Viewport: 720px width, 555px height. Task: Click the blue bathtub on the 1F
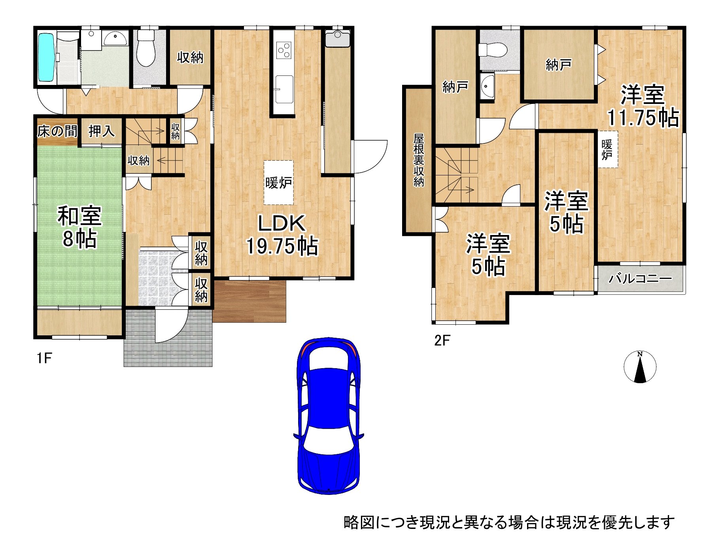click(x=46, y=57)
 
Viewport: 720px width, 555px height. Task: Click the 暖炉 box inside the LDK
click(x=279, y=182)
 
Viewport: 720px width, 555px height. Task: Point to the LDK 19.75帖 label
click(x=282, y=235)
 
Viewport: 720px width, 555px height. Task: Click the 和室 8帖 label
click(x=79, y=227)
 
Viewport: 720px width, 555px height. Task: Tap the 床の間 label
click(x=57, y=131)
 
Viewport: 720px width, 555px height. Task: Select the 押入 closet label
click(x=101, y=131)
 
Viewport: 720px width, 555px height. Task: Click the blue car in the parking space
click(x=329, y=415)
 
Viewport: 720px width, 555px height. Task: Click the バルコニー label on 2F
click(x=640, y=279)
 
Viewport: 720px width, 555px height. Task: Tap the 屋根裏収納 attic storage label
click(x=418, y=160)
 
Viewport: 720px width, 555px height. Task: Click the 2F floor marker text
click(x=442, y=340)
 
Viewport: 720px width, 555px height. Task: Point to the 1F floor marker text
click(x=44, y=358)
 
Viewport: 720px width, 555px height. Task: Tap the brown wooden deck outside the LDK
click(x=249, y=301)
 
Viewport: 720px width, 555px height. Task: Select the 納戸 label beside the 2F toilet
click(x=558, y=64)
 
